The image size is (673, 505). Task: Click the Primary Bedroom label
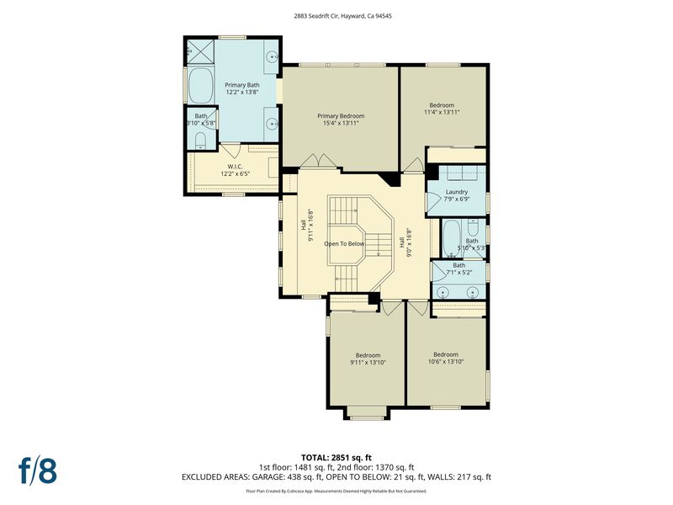coord(341,116)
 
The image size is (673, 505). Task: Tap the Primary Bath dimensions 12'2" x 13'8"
coord(242,92)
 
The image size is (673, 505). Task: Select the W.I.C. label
coord(236,167)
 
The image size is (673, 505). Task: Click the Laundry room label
coord(457,192)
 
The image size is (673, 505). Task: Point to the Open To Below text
coord(344,244)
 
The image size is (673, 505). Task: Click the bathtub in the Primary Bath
coord(201,86)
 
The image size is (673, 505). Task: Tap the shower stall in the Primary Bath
coord(201,51)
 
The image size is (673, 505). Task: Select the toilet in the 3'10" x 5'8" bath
coord(200,141)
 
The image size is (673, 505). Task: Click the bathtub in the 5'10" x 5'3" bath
coord(451,238)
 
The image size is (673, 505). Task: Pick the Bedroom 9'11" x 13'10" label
coord(368,359)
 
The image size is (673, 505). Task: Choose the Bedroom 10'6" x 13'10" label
coord(446,358)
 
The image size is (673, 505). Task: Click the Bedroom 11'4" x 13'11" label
coord(442,109)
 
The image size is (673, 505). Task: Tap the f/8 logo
coord(38,470)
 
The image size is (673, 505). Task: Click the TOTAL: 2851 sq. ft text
coord(336,457)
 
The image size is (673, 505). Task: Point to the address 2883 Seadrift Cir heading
coord(342,16)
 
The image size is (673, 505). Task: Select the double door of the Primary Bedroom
coord(318,162)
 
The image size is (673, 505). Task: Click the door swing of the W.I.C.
coord(230,150)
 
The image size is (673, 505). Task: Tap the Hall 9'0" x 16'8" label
coord(405,242)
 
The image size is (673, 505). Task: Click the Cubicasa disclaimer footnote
coord(336,491)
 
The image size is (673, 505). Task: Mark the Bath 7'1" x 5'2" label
coord(458,268)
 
